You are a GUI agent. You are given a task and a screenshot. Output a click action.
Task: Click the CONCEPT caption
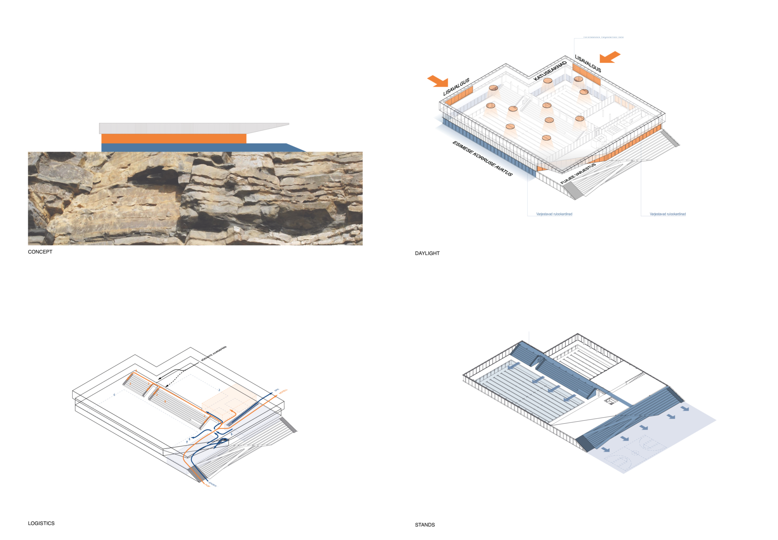click(40, 252)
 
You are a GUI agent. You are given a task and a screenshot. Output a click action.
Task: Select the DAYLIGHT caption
click(427, 253)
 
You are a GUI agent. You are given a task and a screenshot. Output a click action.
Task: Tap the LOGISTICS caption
click(41, 523)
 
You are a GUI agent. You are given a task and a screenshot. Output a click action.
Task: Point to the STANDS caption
click(425, 525)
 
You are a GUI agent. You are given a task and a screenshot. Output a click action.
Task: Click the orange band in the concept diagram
click(173, 139)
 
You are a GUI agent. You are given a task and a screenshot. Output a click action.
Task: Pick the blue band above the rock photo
click(194, 148)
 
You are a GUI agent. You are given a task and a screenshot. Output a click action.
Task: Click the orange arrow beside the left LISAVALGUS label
click(438, 81)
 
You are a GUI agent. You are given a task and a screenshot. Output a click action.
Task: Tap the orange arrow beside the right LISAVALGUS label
click(610, 57)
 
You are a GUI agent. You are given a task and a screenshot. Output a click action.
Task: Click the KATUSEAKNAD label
click(550, 71)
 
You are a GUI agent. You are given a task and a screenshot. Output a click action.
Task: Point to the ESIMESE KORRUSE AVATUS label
click(482, 159)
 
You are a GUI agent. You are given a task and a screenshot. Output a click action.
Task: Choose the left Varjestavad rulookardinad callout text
click(554, 214)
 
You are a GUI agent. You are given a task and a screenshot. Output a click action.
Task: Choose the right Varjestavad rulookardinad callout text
click(667, 214)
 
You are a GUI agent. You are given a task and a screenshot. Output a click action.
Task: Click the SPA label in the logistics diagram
click(277, 390)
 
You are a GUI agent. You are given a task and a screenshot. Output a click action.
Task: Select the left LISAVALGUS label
click(456, 87)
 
